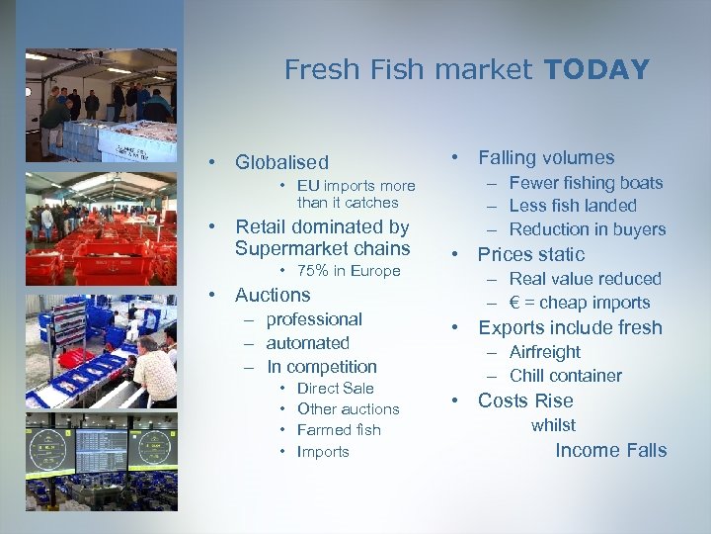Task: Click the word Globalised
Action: coord(281,162)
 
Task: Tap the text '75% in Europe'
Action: coord(349,271)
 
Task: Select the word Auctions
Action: coord(273,295)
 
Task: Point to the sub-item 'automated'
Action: coord(308,343)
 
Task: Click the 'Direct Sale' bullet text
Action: coord(336,389)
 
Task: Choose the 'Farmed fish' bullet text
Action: coord(339,430)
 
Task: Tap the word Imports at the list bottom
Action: coord(323,452)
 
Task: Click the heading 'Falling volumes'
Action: coord(546,157)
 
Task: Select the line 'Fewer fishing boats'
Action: coord(586,182)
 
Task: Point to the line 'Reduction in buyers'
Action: coord(588,229)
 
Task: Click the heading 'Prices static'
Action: coord(531,254)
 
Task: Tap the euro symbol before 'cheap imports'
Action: coord(514,303)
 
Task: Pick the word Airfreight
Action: coord(545,352)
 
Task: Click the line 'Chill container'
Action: coord(566,376)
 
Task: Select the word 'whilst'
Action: coord(553,425)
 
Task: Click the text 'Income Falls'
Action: coord(611,451)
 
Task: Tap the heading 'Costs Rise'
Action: coord(525,400)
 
